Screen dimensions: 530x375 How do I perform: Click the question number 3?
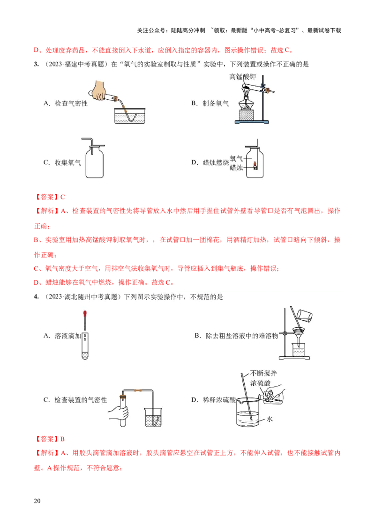click(x=35, y=65)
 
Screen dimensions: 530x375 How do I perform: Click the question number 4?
click(x=35, y=297)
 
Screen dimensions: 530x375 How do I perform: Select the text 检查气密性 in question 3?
click(x=71, y=103)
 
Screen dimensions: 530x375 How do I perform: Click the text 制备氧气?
click(x=216, y=103)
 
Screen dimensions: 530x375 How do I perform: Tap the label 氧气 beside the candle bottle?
click(x=236, y=159)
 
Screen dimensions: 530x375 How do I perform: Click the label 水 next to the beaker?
click(x=270, y=420)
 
